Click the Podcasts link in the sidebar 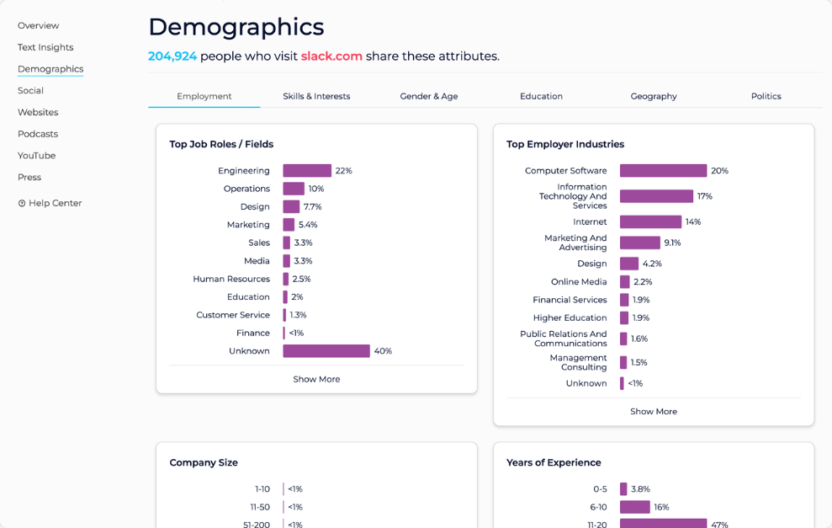38,134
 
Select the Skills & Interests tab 316,96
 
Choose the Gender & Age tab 429,96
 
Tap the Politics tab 766,96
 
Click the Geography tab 654,96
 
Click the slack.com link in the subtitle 331,56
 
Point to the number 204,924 172,56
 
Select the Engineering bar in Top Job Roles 307,171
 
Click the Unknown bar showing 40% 326,351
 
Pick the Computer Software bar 663,171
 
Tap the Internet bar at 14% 650,222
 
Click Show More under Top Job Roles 316,379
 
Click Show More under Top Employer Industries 654,412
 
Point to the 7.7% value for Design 312,207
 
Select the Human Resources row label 231,279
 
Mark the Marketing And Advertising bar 640,243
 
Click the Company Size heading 204,462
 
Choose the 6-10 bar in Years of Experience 635,507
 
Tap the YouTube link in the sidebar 37,156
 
